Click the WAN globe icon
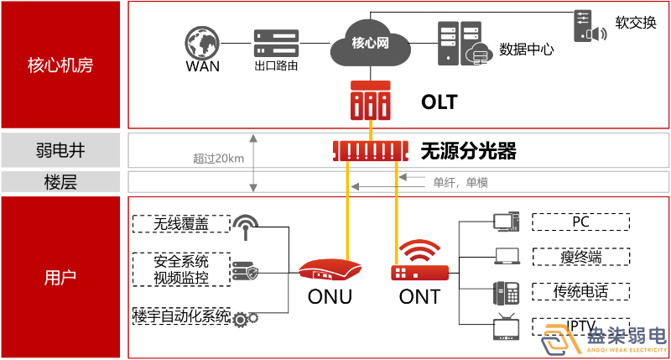[203, 41]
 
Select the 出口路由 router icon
[276, 41]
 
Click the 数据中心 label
[527, 49]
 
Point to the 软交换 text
[636, 23]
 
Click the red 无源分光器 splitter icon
[369, 151]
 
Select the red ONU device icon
[330, 269]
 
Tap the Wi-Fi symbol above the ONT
[419, 250]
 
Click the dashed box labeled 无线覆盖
[181, 223]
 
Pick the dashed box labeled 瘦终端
[580, 257]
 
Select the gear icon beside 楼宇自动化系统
[245, 318]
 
